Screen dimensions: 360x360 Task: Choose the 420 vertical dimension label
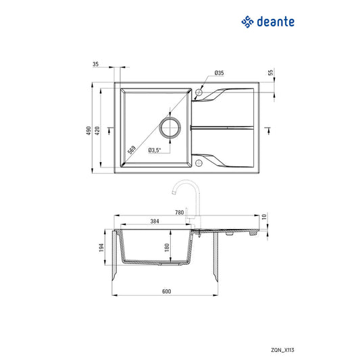tap(97, 129)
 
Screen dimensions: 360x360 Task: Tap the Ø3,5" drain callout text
tap(155, 150)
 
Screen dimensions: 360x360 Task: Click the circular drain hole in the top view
tap(170, 126)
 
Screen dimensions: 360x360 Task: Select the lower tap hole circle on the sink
tap(199, 163)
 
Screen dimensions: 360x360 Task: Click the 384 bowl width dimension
tap(155, 222)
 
